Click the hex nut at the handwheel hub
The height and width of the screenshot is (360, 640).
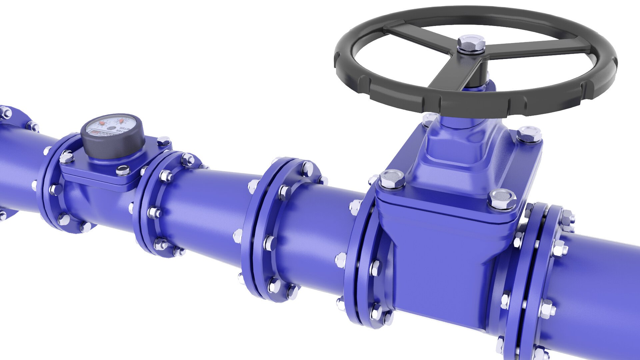coord(471,43)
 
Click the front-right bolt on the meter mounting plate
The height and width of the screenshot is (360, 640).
coord(123,170)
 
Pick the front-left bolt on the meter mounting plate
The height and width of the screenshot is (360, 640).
coord(67,157)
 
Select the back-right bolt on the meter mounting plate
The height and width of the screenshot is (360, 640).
coord(163,141)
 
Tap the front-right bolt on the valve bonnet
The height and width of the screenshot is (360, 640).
coord(502,199)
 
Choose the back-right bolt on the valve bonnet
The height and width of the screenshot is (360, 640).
coord(529,134)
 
